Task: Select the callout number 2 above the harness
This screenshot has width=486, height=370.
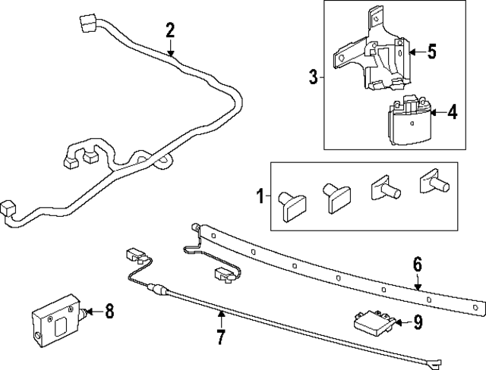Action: point(170,31)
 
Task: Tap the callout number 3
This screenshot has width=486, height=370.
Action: point(312,77)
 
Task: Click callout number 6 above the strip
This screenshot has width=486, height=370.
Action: point(417,265)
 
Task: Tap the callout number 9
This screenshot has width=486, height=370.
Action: point(417,323)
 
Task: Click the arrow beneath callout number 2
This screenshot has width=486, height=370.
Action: point(170,51)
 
